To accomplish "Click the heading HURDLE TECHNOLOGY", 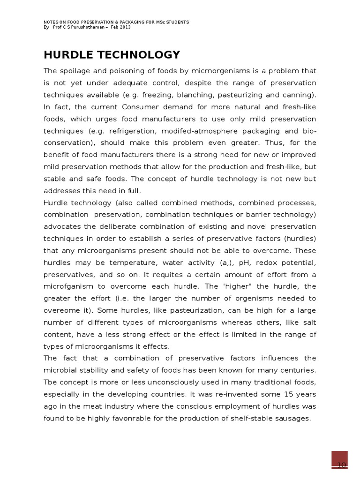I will click(x=112, y=55).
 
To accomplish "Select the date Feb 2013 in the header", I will click(x=121, y=27).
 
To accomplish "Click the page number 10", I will click(x=341, y=465).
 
